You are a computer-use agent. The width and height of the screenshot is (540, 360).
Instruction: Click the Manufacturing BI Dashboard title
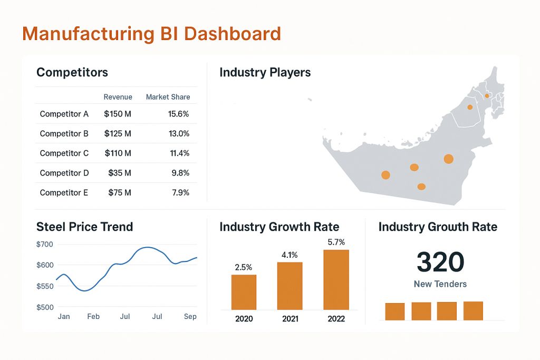point(152,34)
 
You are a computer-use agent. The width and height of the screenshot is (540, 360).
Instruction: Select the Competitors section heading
point(72,72)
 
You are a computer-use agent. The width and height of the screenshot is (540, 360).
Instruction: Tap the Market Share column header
point(168,97)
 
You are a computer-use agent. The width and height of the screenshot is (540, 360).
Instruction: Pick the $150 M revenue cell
point(118,114)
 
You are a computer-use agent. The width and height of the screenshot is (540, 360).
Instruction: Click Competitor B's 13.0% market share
point(179,134)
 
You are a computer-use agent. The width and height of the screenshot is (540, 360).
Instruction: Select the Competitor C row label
point(64,153)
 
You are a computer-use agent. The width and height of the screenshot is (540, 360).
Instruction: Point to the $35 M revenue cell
point(120,173)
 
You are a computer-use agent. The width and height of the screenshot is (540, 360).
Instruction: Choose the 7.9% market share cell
point(180,193)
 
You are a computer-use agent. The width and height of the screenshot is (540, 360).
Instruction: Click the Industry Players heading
point(265,72)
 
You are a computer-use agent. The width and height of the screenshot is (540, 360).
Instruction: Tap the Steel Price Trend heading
point(84,227)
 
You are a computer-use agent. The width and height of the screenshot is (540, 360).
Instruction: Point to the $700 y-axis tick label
point(45,244)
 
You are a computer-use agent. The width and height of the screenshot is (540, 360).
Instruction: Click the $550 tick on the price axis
point(45,286)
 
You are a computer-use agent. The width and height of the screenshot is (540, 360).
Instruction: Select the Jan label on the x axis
point(63,316)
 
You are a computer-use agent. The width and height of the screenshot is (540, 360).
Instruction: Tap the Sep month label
point(190,316)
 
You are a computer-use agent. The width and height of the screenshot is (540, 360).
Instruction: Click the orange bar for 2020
point(244,292)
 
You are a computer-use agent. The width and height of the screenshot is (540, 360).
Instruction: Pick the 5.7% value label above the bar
point(336,242)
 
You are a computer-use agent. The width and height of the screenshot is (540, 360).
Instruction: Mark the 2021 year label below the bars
point(290,319)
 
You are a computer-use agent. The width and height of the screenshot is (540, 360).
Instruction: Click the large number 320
point(440,261)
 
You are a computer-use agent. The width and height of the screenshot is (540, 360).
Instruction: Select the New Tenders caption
point(440,284)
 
